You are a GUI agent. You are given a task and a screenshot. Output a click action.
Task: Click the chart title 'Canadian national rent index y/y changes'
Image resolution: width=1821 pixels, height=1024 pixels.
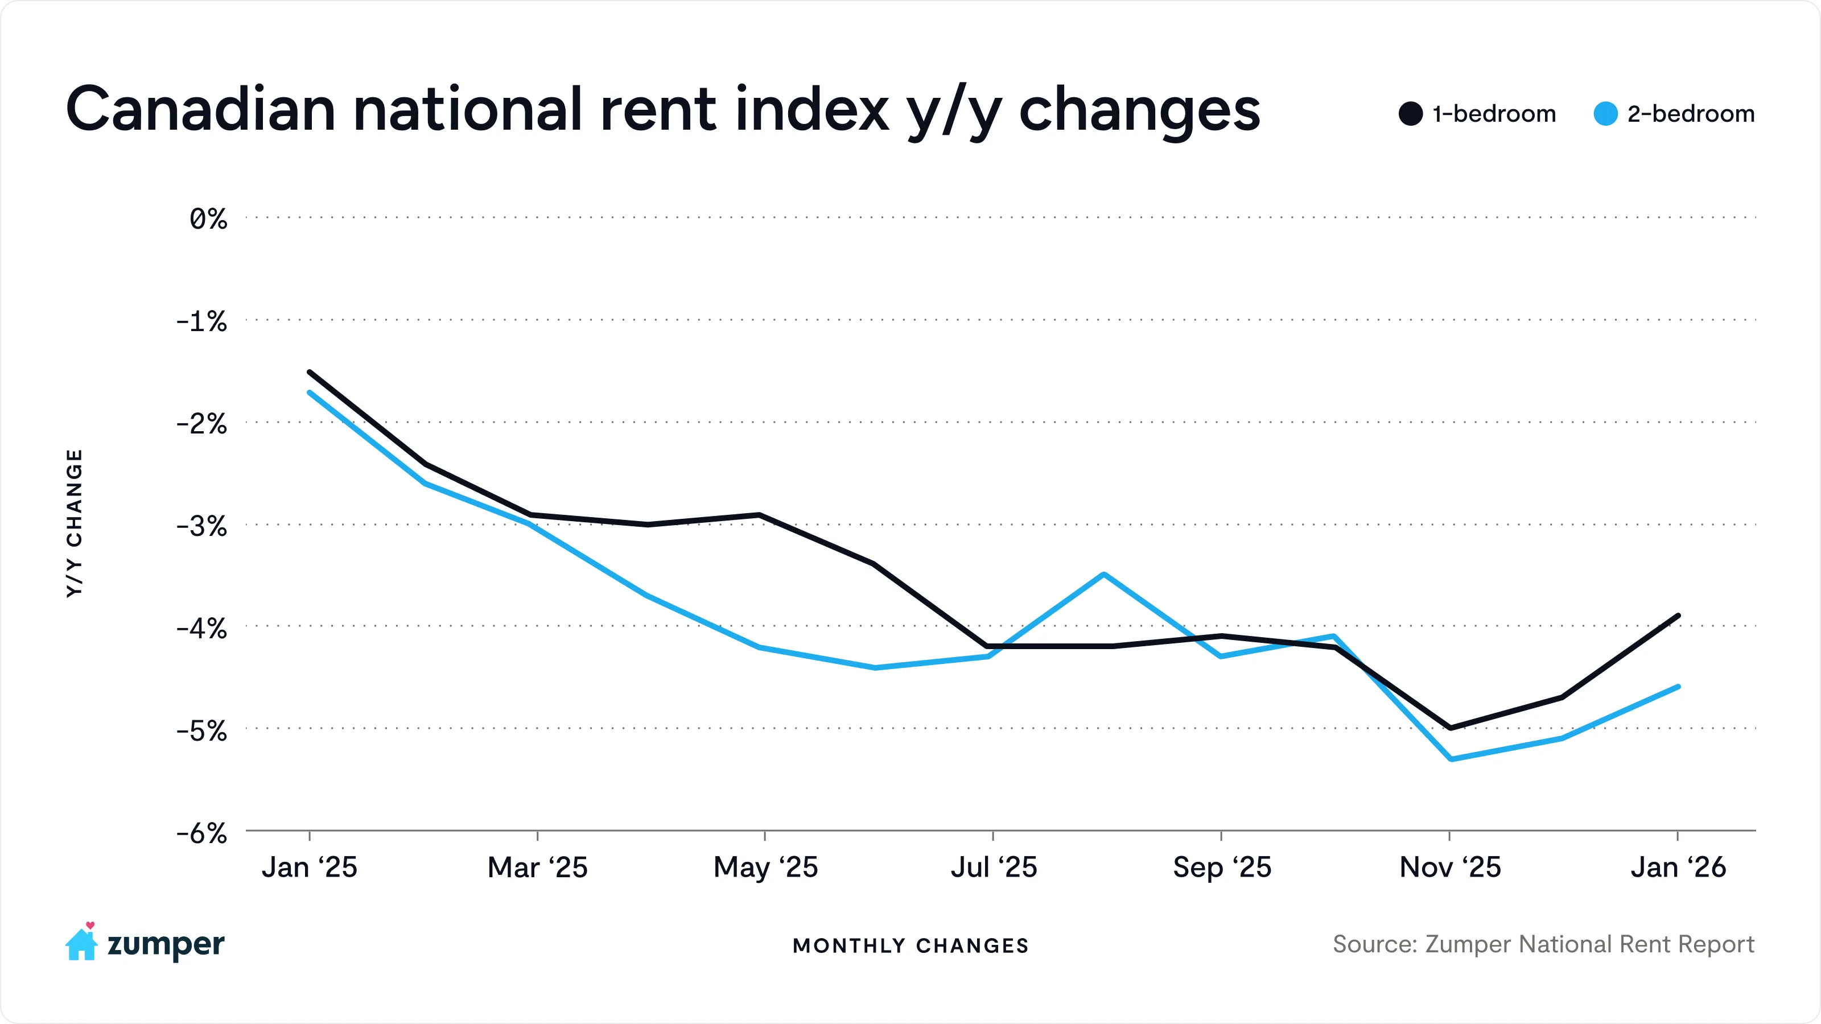pos(662,110)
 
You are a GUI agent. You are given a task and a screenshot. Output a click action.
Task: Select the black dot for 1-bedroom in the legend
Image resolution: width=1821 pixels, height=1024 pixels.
pos(1410,114)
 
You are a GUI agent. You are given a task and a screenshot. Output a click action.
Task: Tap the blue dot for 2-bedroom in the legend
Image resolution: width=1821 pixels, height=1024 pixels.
pos(1605,114)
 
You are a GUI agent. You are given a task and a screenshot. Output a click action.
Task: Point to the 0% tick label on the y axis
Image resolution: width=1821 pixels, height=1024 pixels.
pos(208,219)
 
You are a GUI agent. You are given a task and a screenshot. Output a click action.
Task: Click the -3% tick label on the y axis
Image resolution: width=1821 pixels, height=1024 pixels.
pos(201,526)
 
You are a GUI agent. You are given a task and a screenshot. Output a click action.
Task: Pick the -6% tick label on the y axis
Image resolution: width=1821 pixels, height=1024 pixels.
pos(201,834)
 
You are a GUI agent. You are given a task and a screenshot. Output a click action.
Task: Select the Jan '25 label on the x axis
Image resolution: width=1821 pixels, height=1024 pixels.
pos(310,867)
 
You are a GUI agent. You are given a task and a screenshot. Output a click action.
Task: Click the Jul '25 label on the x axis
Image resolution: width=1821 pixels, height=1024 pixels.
pos(993,867)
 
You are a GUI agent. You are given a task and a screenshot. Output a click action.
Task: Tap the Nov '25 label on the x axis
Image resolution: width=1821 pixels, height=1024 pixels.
pos(1450,867)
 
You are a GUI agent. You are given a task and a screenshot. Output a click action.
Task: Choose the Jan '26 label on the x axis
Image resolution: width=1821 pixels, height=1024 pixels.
pos(1678,867)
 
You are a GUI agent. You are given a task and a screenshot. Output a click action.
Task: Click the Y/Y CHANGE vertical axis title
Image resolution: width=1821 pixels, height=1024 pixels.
pos(74,523)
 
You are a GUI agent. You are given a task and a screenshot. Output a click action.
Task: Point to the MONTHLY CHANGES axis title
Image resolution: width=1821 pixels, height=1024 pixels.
pos(910,945)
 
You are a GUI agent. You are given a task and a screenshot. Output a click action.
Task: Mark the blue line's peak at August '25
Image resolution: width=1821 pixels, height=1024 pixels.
pos(1104,575)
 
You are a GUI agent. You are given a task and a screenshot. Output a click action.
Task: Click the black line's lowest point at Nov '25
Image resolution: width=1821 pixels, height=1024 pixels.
pos(1450,727)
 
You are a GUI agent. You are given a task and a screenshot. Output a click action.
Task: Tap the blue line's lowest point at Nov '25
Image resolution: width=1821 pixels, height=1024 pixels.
pos(1451,759)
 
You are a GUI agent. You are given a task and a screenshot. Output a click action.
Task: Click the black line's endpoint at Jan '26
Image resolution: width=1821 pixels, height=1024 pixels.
pos(1678,616)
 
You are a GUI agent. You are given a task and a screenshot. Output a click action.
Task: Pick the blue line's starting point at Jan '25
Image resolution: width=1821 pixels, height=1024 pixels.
pos(310,392)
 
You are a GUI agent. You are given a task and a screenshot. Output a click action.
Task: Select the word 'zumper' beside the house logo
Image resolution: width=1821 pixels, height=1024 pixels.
pos(166,945)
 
